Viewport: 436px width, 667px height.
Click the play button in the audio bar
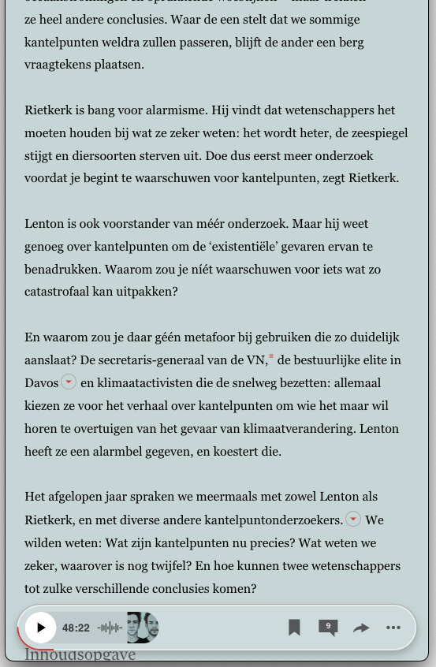pyautogui.click(x=41, y=628)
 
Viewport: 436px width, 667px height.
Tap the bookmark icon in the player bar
pyautogui.click(x=294, y=628)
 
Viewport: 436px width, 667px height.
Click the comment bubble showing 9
pyautogui.click(x=328, y=628)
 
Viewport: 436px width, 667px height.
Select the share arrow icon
pyautogui.click(x=361, y=628)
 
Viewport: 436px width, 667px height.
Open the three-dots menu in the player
pyautogui.click(x=393, y=628)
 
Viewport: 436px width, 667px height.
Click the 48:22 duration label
pyautogui.click(x=76, y=628)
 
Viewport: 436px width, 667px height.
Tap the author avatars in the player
pyautogui.click(x=143, y=628)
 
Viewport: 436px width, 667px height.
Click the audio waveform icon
pyautogui.click(x=110, y=628)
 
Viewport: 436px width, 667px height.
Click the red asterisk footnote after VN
pyautogui.click(x=271, y=357)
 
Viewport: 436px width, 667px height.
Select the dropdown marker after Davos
pyautogui.click(x=69, y=382)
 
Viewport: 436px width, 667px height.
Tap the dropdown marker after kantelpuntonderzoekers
pyautogui.click(x=353, y=519)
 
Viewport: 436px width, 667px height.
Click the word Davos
pyautogui.click(x=42, y=383)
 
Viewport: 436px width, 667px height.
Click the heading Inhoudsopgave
pyautogui.click(x=80, y=654)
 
